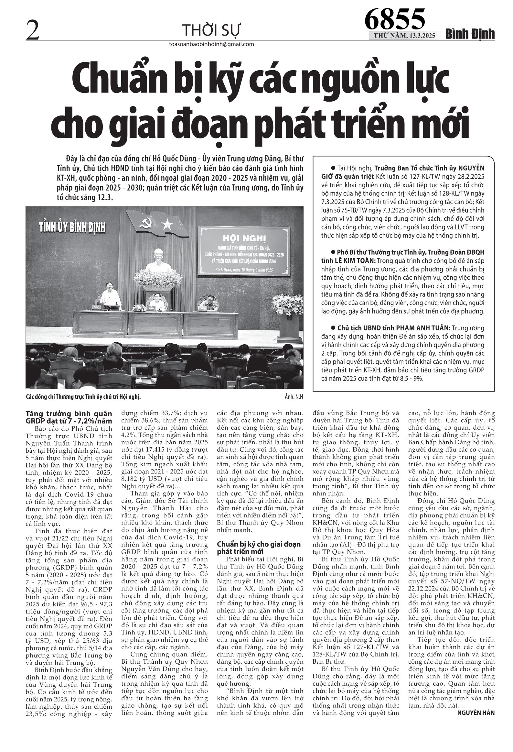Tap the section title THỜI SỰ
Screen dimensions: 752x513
pyautogui.click(x=212, y=30)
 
